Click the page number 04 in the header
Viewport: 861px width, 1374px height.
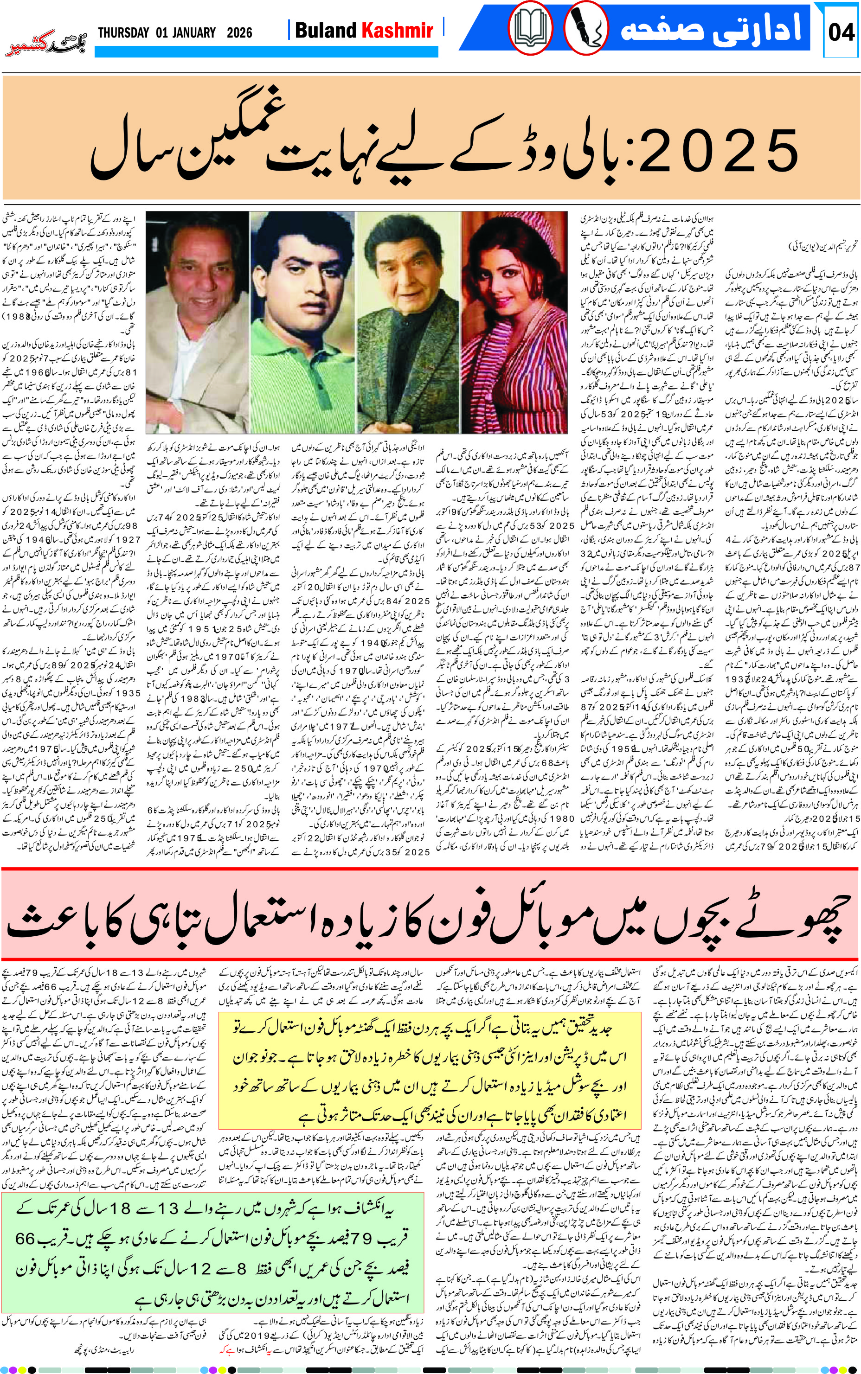(x=841, y=32)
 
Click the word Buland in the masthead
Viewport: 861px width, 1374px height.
(x=325, y=30)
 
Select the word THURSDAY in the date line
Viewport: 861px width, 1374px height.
(x=123, y=32)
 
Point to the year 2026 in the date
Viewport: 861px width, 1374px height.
(x=239, y=32)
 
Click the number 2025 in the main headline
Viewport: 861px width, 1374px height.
(x=719, y=151)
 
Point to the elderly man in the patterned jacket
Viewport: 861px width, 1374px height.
(x=407, y=319)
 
